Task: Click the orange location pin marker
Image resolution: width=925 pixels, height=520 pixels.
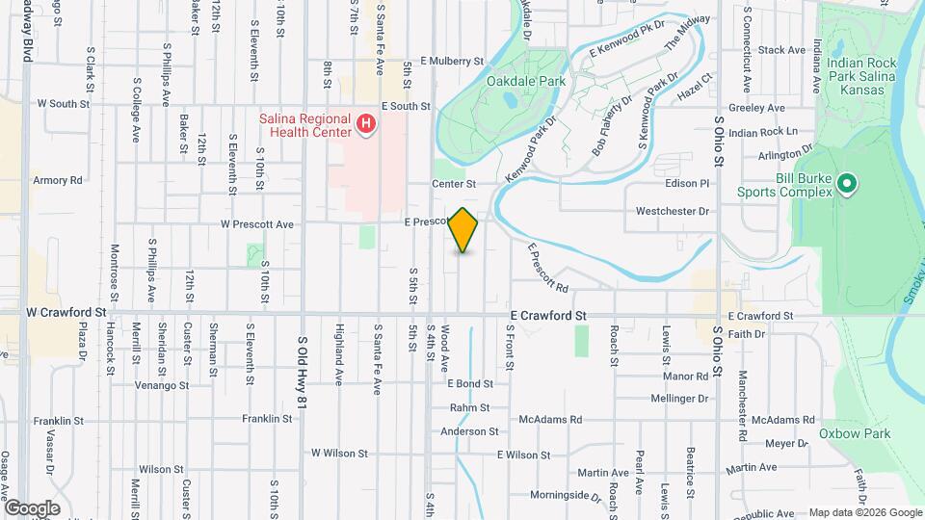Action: coord(463,230)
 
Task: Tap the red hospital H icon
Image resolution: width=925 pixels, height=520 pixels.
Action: coord(365,123)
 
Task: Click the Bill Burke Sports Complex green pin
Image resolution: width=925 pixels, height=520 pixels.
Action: coord(846,183)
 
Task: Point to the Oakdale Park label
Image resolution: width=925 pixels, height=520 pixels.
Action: coord(525,82)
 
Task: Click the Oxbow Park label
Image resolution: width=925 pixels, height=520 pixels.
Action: coord(855,433)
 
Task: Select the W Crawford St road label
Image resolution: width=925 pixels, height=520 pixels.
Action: coord(66,313)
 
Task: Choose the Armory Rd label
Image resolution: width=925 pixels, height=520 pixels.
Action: coord(58,180)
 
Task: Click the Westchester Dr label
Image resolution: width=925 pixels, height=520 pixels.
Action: coord(672,211)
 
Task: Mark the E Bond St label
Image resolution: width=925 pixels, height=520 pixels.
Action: coord(469,383)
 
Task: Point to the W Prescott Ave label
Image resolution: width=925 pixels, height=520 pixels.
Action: coord(256,224)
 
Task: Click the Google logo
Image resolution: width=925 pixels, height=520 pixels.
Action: coord(32,508)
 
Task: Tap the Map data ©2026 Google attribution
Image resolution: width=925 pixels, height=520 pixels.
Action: coord(864,512)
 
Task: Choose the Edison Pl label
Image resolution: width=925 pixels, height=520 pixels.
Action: coord(687,183)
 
